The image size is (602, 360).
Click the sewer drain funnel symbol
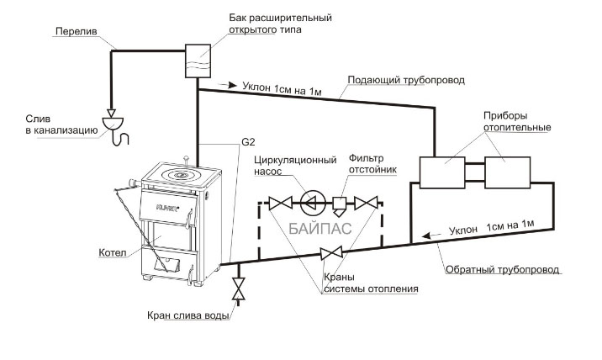[112, 123]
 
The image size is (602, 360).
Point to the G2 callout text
[248, 142]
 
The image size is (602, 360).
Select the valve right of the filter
[366, 203]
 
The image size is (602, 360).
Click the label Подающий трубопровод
[396, 79]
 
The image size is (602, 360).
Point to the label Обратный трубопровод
[503, 271]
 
